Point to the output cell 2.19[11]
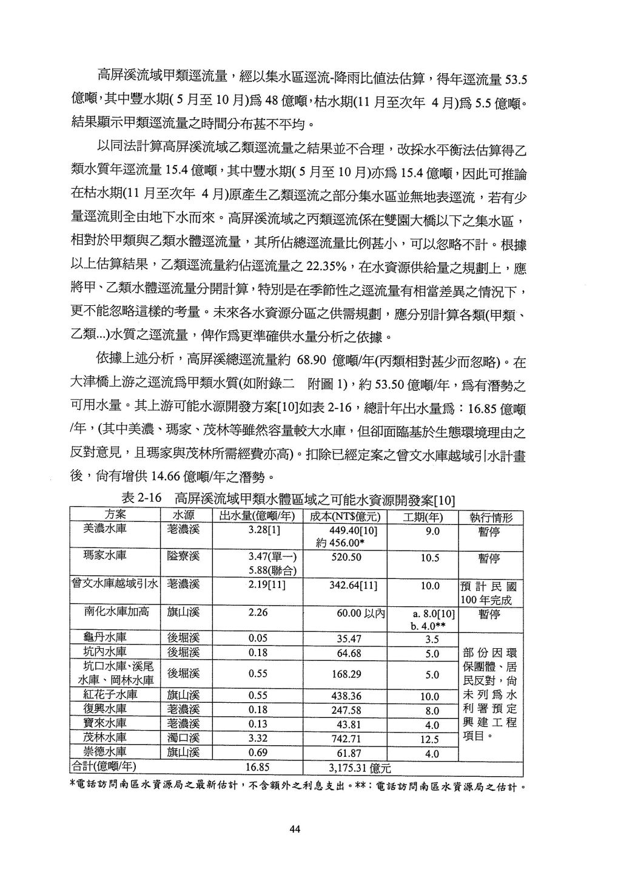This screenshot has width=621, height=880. click(266, 585)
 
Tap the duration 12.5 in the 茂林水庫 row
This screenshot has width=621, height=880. click(429, 739)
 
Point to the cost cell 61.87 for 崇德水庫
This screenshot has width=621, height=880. click(346, 753)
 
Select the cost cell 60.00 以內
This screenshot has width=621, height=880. click(361, 613)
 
